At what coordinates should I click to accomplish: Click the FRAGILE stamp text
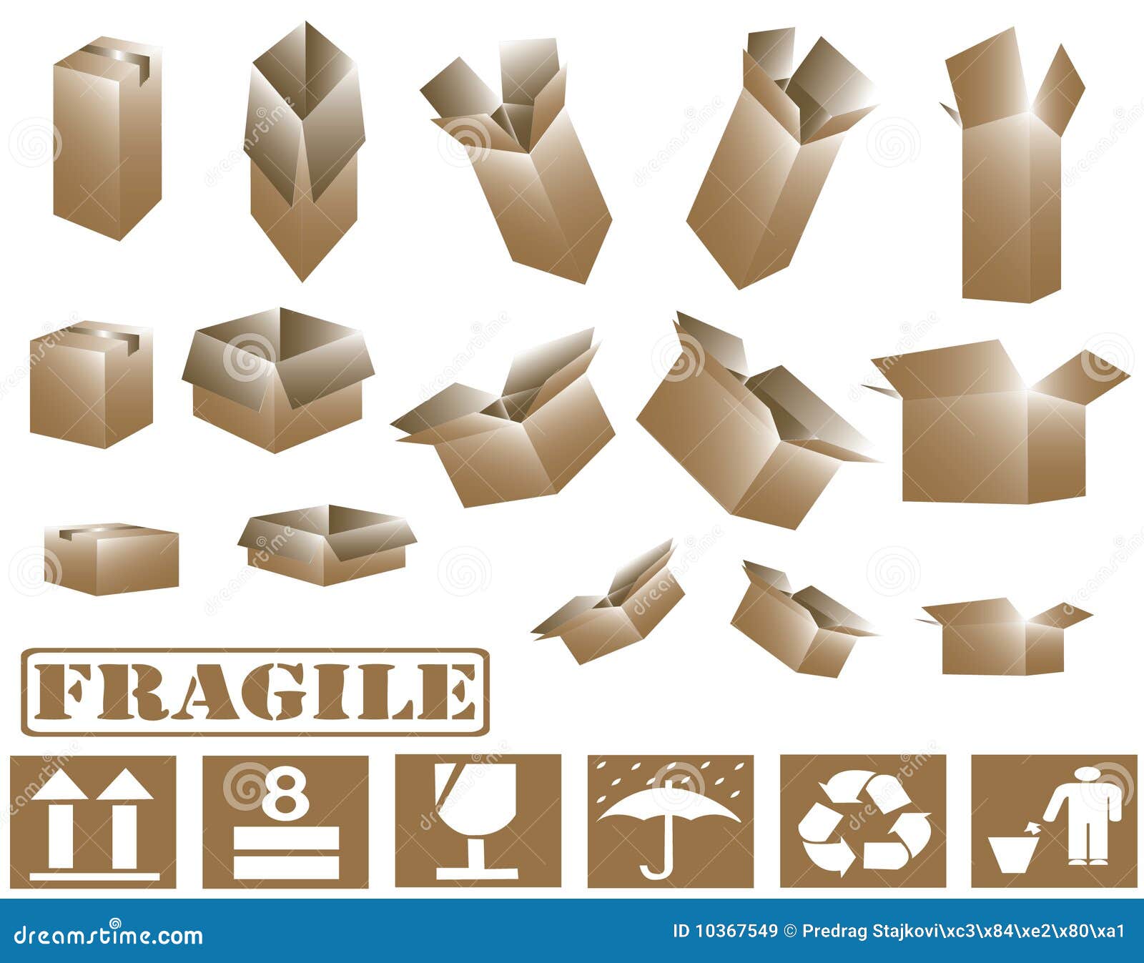click(x=255, y=691)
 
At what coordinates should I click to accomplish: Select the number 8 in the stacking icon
click(x=285, y=792)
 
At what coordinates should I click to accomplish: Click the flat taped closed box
click(x=111, y=559)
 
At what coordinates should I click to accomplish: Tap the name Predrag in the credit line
click(x=832, y=931)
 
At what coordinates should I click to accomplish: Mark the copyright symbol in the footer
click(x=790, y=931)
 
